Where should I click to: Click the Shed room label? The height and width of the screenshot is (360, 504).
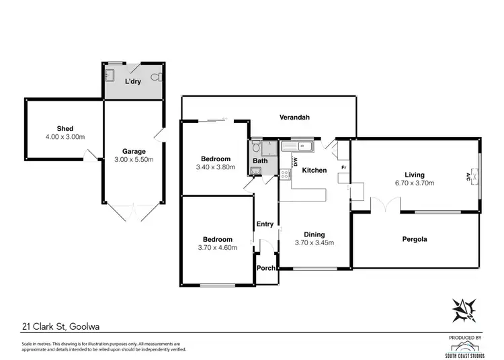(65, 128)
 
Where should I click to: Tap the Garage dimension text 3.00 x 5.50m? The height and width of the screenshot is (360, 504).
(134, 160)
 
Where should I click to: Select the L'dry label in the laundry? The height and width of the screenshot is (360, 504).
(134, 81)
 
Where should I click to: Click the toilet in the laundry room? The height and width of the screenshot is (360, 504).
(155, 76)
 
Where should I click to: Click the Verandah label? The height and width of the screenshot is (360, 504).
(294, 118)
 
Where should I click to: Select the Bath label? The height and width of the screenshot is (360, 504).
(260, 161)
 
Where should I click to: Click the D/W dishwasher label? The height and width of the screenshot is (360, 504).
(294, 160)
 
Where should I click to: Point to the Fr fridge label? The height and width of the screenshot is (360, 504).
(343, 167)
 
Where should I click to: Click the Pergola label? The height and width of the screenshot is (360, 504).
(415, 238)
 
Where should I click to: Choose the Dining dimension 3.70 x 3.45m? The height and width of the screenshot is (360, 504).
(314, 243)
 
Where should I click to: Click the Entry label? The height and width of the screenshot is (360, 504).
(263, 225)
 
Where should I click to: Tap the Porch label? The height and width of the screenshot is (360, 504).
(266, 268)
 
